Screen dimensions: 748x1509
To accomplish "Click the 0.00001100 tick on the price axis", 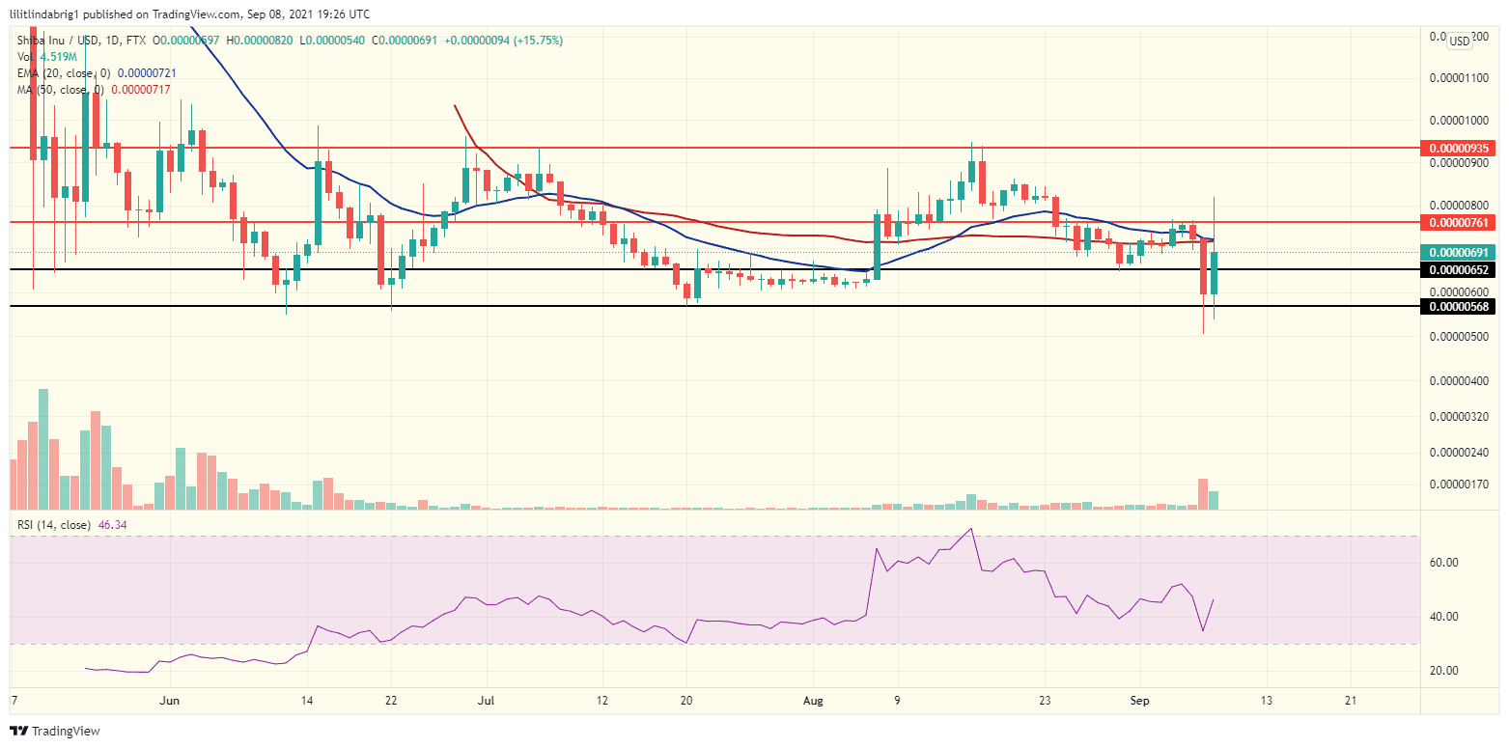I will tap(1459, 78).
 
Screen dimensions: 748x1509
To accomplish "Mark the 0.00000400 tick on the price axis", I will tap(1459, 381).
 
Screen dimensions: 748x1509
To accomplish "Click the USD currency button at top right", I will tap(1458, 40).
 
